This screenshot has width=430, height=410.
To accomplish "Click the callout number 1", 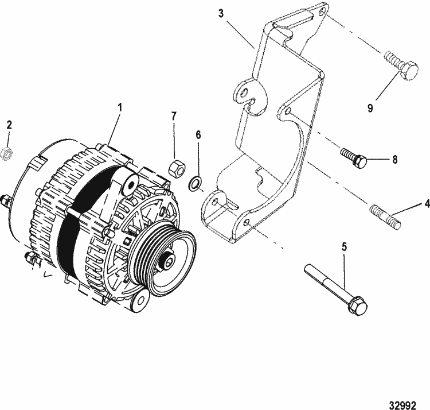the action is click(x=120, y=107).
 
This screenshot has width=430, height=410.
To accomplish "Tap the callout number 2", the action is click(x=9, y=125).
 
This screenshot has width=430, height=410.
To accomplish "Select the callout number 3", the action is click(x=221, y=13).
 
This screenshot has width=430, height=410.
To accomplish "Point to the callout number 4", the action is click(x=427, y=204).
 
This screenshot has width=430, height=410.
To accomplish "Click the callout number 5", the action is click(x=344, y=246).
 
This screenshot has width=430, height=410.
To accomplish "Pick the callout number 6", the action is click(x=198, y=135).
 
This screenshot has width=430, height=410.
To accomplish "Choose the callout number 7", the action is click(x=174, y=116).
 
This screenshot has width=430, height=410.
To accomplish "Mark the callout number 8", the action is click(x=395, y=160).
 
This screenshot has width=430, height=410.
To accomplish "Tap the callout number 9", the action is click(x=370, y=108).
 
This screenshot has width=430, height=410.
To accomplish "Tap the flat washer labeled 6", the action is click(x=194, y=183).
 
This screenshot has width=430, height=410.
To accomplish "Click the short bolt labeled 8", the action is click(x=354, y=157).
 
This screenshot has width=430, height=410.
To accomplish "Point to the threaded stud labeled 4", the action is click(x=386, y=217).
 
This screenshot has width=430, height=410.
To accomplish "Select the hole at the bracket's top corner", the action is click(x=323, y=11).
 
